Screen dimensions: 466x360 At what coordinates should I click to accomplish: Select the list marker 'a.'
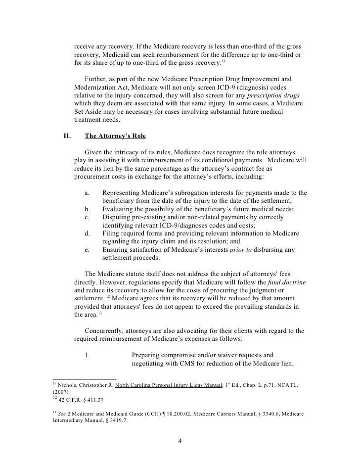88,193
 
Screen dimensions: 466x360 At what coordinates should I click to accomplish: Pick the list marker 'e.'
88,250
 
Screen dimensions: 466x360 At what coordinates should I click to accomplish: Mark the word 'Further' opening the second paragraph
97,79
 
